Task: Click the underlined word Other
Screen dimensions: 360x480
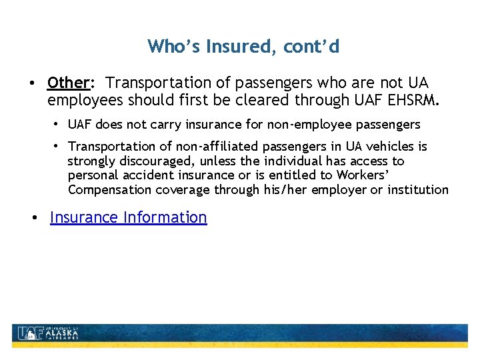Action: click(x=68, y=83)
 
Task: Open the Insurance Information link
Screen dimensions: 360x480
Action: click(x=129, y=217)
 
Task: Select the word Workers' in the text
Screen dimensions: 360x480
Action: click(x=362, y=175)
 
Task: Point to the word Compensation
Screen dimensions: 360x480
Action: click(x=109, y=190)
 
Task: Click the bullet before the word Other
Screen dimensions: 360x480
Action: click(x=31, y=83)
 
